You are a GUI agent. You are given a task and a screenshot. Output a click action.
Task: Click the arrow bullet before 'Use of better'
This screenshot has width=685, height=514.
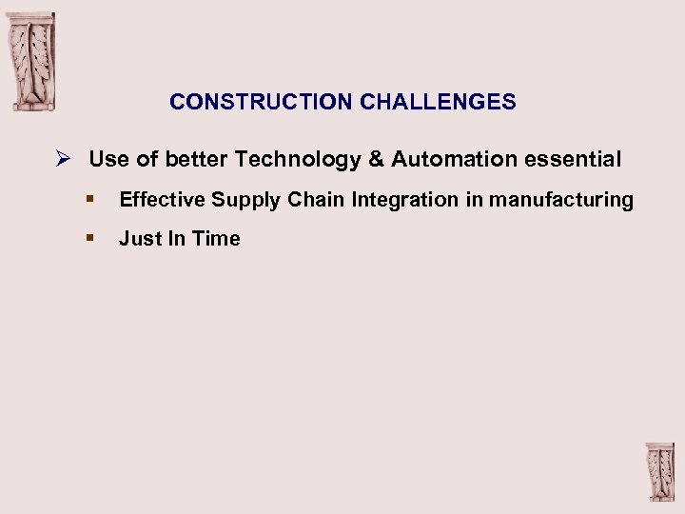pyautogui.click(x=64, y=159)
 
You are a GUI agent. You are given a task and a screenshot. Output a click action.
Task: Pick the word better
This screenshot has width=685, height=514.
pyautogui.click(x=196, y=159)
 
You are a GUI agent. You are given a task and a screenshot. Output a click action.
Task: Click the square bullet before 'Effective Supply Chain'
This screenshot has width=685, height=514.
pyautogui.click(x=88, y=200)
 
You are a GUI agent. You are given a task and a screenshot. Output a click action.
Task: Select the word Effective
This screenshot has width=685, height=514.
pyautogui.click(x=162, y=200)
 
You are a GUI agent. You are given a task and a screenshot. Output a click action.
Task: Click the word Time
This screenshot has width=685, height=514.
pyautogui.click(x=217, y=239)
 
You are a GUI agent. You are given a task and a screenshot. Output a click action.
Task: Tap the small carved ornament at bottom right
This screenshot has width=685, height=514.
pyautogui.click(x=658, y=472)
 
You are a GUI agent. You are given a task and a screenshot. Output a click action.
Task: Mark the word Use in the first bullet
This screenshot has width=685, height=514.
pyautogui.click(x=108, y=159)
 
